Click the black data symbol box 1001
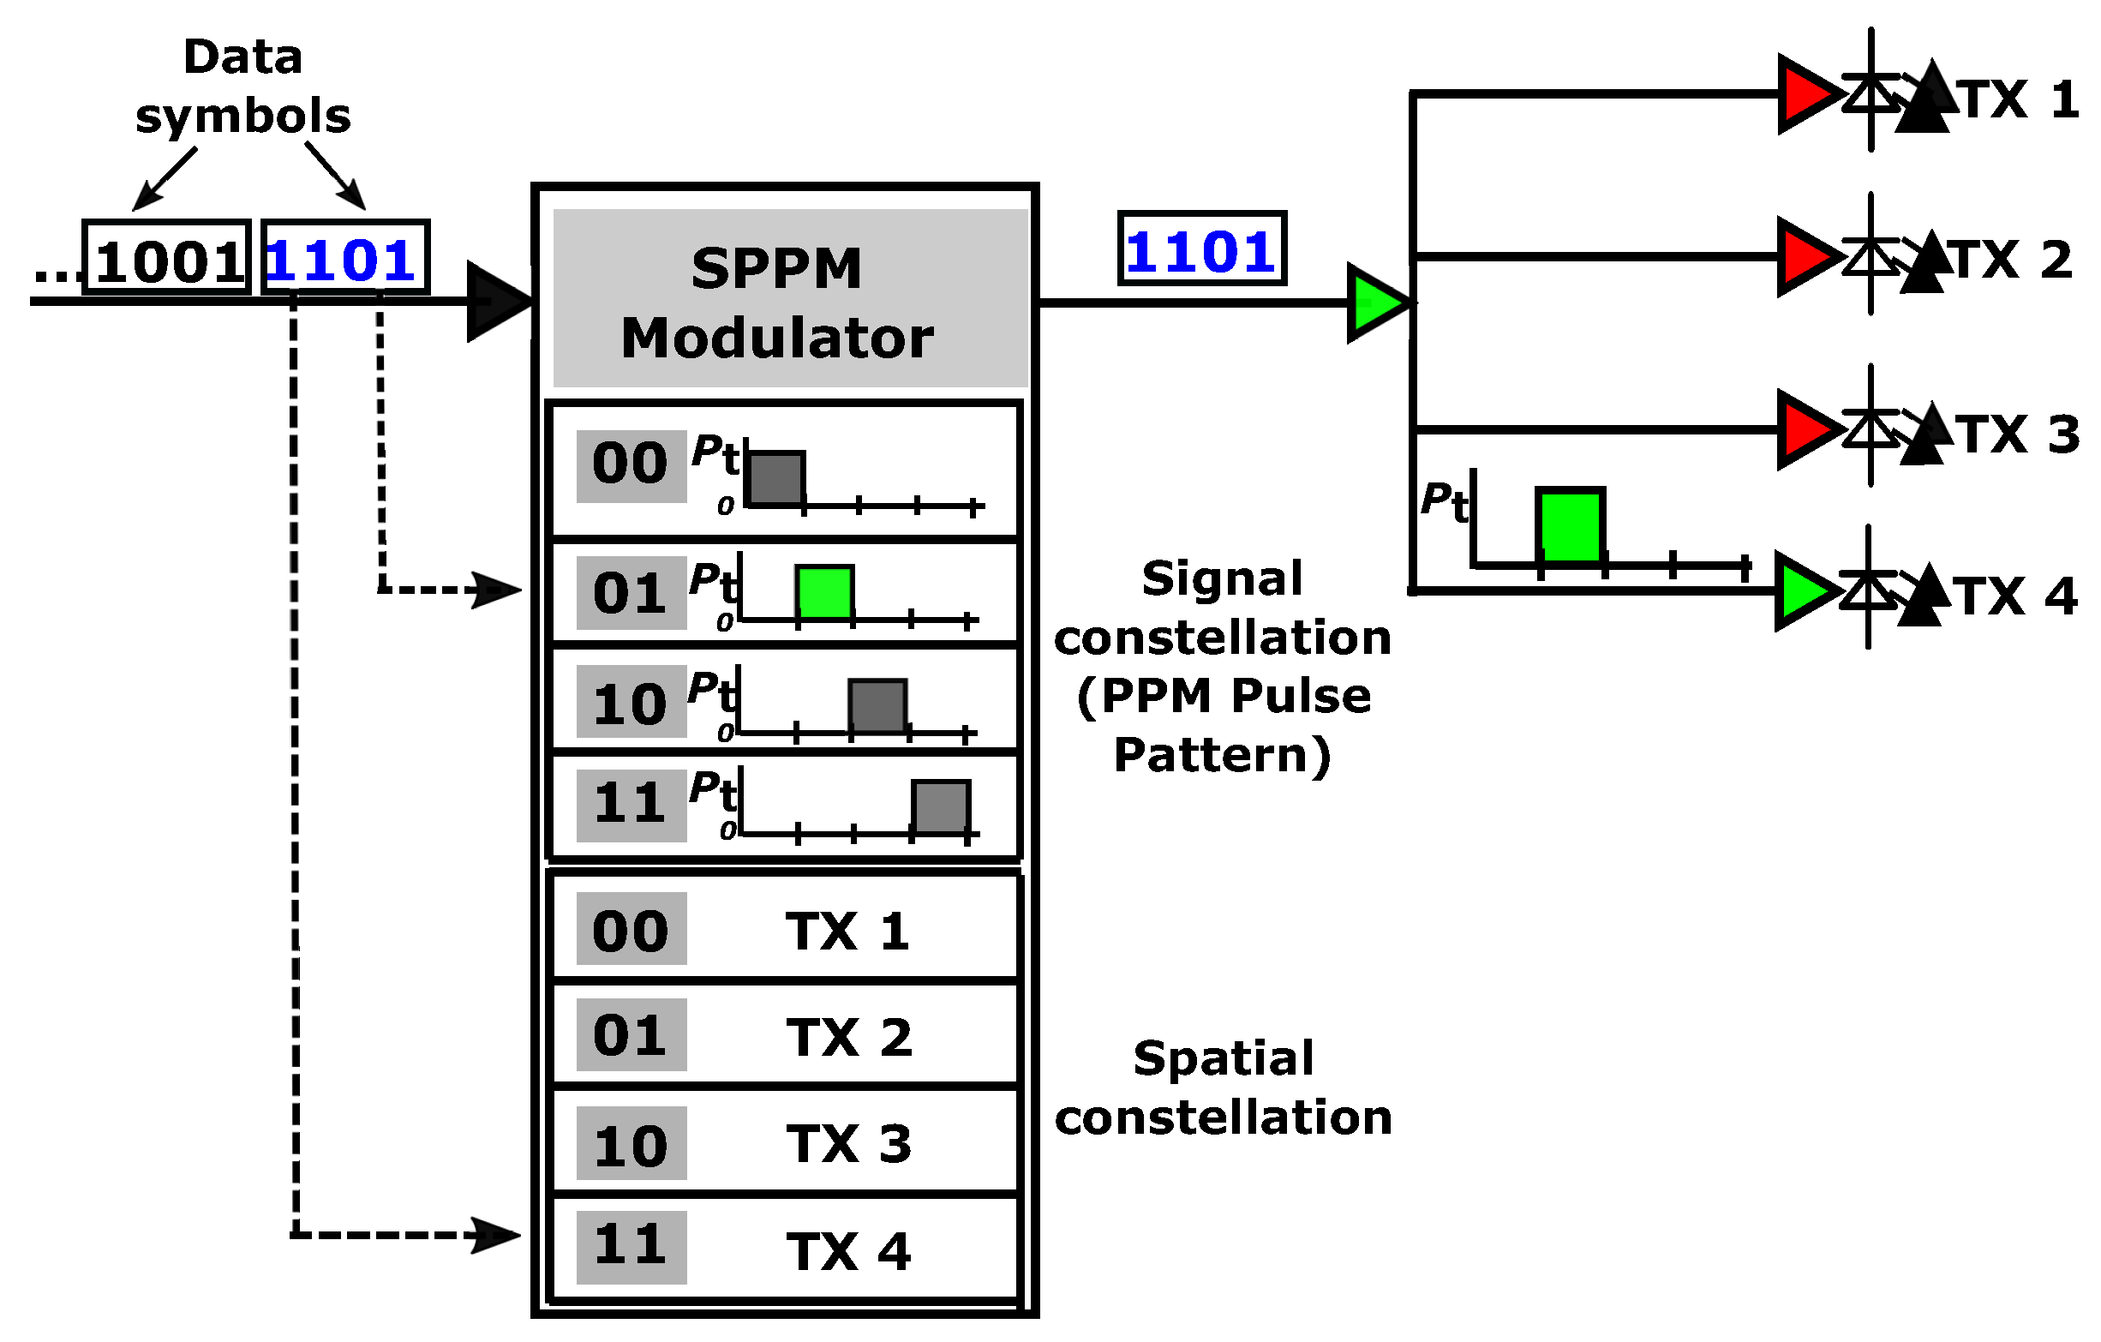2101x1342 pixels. (x=166, y=258)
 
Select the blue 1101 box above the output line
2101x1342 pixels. (x=1201, y=249)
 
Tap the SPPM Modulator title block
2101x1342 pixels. (x=790, y=298)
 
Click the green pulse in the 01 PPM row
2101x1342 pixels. (x=824, y=592)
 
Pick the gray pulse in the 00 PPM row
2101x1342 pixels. (x=775, y=478)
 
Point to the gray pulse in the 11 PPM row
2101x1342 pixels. (x=941, y=807)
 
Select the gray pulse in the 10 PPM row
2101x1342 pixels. (x=877, y=706)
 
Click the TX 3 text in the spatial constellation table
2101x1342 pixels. (x=848, y=1144)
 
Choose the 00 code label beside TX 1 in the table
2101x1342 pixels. (x=631, y=929)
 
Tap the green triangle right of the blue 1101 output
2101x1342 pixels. (x=1375, y=303)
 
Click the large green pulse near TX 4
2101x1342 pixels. (x=1570, y=526)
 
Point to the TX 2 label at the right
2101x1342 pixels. (x=2013, y=259)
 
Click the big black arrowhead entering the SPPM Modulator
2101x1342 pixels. (x=495, y=301)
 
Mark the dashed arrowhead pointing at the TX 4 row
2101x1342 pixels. (x=494, y=1236)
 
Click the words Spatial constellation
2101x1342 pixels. (x=1223, y=1088)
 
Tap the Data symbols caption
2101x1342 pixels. (x=242, y=86)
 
